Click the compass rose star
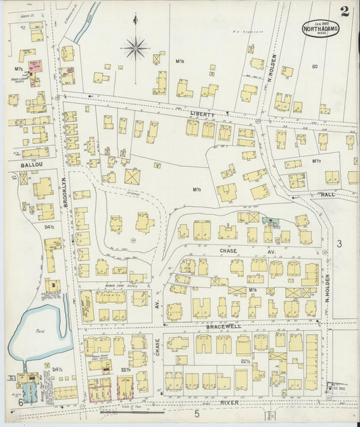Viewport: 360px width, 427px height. point(135,48)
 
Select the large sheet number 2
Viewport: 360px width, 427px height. point(345,11)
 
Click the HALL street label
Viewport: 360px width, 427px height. point(330,195)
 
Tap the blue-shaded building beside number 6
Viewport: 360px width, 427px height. point(30,393)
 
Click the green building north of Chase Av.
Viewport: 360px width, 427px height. point(272,221)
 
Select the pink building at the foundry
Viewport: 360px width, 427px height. point(34,66)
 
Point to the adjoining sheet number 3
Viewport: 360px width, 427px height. point(340,243)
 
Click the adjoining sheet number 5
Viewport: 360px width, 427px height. point(197,413)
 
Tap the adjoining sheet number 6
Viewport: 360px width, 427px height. point(20,403)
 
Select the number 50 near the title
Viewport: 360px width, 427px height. point(314,66)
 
